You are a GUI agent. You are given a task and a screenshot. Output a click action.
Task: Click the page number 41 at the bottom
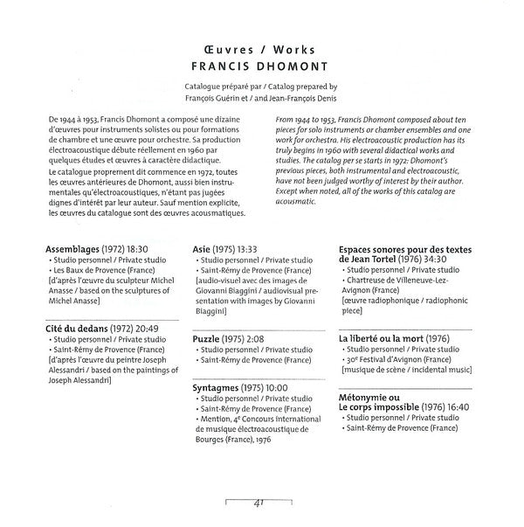pos(261,503)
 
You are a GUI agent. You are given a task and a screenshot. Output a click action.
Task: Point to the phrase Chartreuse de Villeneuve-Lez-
pos(398,281)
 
